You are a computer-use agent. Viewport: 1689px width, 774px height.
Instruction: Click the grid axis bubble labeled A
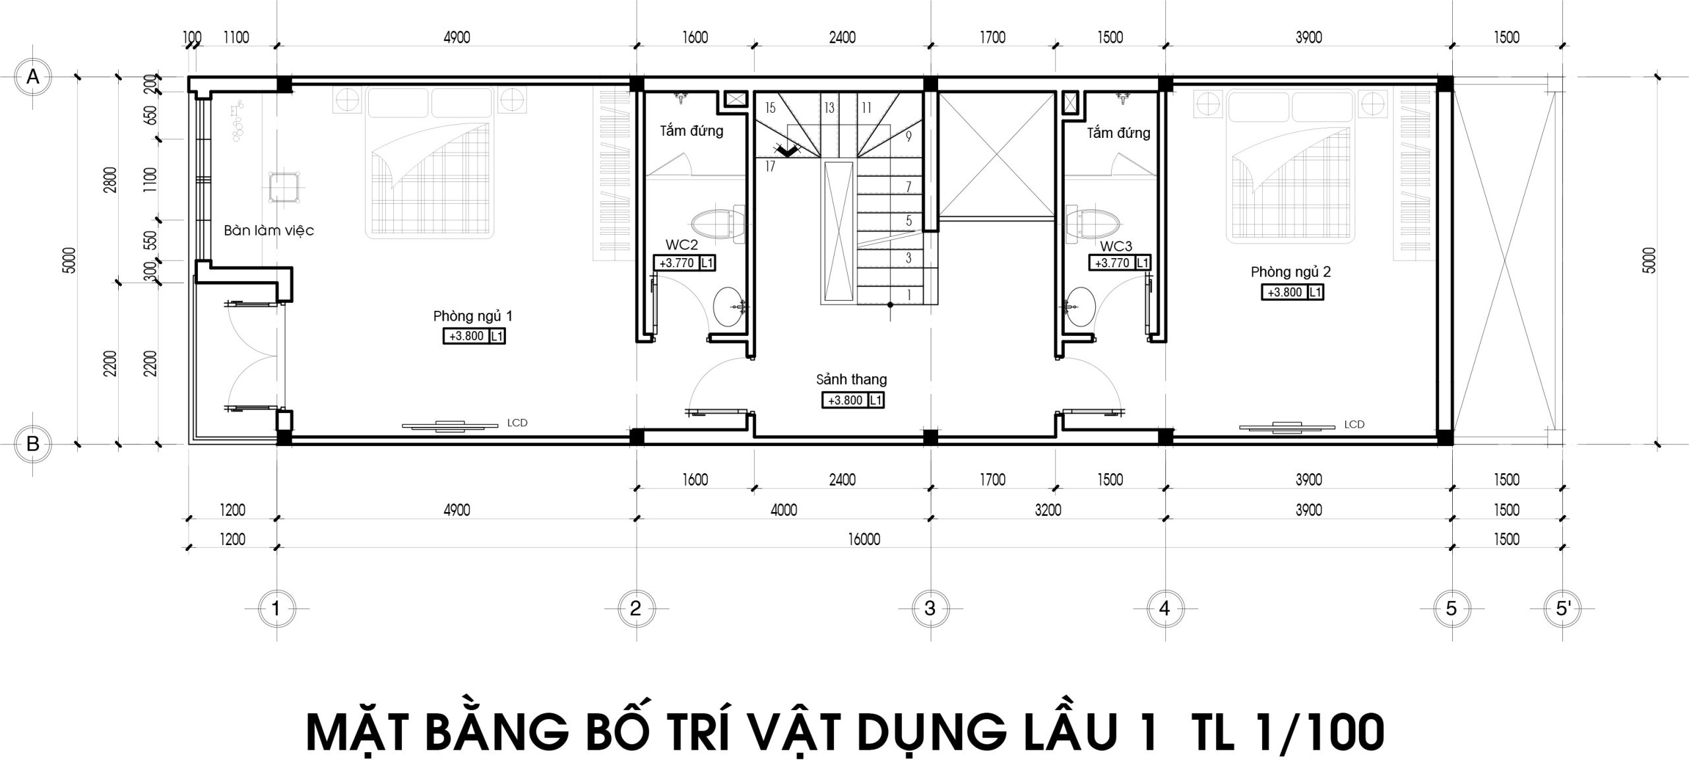pyautogui.click(x=32, y=77)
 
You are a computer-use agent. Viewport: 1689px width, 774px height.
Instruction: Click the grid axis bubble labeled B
pyautogui.click(x=32, y=444)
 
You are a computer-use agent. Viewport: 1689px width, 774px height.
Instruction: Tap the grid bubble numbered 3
pyautogui.click(x=930, y=608)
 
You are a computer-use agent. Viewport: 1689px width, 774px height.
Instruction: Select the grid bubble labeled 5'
pyautogui.click(x=1563, y=608)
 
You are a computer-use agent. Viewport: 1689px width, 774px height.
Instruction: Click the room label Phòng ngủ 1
pyautogui.click(x=472, y=316)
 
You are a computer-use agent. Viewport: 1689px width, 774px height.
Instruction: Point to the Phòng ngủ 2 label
pyautogui.click(x=1290, y=272)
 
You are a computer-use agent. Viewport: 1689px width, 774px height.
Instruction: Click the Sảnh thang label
pyautogui.click(x=851, y=379)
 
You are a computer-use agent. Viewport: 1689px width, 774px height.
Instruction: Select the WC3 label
pyautogui.click(x=1116, y=246)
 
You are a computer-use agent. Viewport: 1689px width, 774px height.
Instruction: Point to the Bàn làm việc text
pyautogui.click(x=269, y=230)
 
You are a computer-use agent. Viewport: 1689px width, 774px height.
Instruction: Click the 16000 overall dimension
pyautogui.click(x=864, y=540)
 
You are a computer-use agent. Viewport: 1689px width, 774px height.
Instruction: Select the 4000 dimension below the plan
pyautogui.click(x=784, y=510)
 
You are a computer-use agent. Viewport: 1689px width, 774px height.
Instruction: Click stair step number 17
pyautogui.click(x=770, y=167)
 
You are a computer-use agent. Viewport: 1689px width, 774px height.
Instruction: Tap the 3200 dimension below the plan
pyautogui.click(x=1048, y=510)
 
